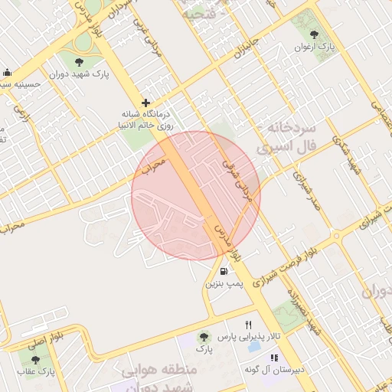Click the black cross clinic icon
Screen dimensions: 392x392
(145, 103)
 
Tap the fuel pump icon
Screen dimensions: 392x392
(224, 270)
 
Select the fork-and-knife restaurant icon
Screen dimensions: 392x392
(248, 325)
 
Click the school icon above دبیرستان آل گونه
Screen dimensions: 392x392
(274, 357)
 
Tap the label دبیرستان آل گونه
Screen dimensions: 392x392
(275, 369)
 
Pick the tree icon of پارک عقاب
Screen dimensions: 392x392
(35, 360)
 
